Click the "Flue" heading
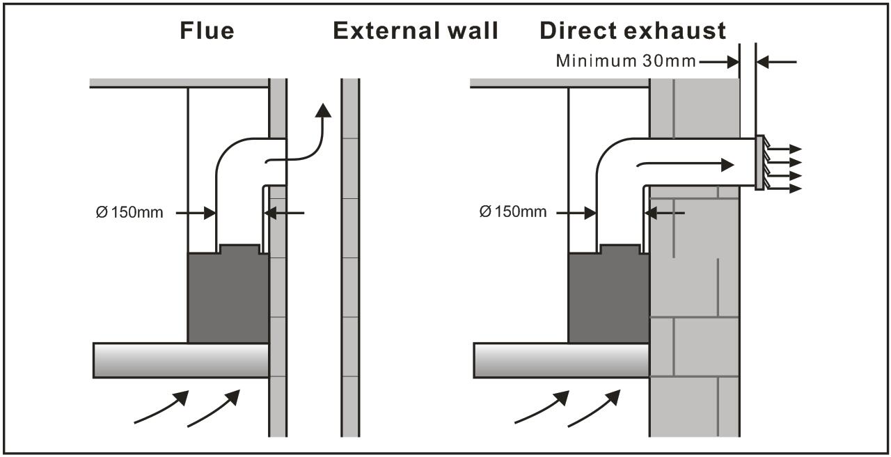[207, 31]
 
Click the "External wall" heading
[416, 31]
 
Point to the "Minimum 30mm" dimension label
[626, 61]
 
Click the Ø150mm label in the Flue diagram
[129, 212]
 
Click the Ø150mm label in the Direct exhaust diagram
[513, 211]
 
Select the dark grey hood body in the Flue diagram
[228, 296]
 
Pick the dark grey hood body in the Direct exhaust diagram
[609, 296]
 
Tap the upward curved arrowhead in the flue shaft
[323, 111]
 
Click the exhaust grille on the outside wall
[759, 163]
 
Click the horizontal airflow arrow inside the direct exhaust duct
[686, 164]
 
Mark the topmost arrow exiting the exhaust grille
[784, 149]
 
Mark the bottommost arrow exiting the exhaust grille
[784, 189]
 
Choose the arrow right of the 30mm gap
[776, 62]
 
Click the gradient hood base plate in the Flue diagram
[181, 360]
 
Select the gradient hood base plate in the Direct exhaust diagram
[562, 360]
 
